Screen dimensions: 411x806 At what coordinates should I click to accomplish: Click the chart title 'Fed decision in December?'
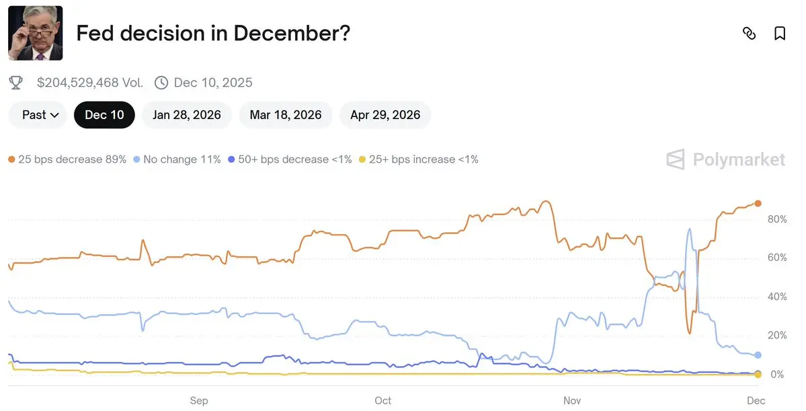tap(213, 34)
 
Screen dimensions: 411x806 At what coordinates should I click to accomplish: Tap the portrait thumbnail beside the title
tap(35, 33)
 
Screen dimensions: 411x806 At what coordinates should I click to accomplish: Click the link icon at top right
tap(749, 34)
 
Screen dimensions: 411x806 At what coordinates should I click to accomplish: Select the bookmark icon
tap(780, 34)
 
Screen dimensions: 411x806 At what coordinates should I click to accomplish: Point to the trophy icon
tap(15, 83)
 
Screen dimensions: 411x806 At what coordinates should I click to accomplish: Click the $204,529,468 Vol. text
tap(90, 83)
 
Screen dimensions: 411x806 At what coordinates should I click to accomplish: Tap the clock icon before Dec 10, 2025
tap(161, 83)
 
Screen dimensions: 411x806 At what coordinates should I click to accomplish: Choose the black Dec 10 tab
tap(104, 115)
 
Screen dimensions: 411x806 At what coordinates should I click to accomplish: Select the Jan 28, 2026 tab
tap(187, 115)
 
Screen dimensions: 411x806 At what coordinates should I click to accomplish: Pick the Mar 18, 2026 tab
tap(286, 115)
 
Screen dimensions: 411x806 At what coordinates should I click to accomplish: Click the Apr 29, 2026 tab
tap(385, 115)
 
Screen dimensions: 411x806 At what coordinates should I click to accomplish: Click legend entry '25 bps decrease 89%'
tap(67, 159)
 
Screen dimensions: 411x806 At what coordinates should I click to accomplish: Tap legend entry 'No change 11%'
tap(177, 159)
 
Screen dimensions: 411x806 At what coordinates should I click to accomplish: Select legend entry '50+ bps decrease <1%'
tap(290, 159)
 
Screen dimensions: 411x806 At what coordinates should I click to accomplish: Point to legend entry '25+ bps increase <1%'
tap(418, 159)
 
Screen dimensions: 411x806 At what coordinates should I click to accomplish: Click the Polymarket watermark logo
tap(725, 159)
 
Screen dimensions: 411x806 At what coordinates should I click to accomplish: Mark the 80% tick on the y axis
tap(776, 219)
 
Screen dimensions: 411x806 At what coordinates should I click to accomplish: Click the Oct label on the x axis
tap(382, 401)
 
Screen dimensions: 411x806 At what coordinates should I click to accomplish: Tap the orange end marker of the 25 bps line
tap(758, 203)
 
